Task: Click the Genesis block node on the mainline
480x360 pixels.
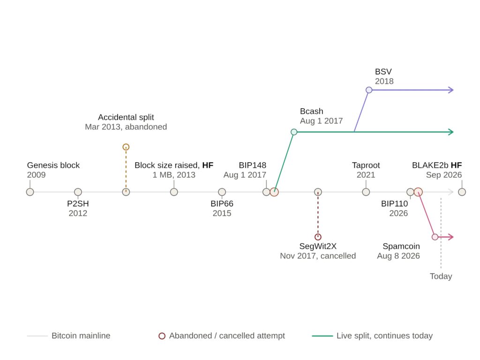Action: pyautogui.click(x=30, y=192)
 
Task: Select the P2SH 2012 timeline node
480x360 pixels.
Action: pyautogui.click(x=78, y=192)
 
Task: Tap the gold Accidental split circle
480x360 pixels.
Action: pyautogui.click(x=126, y=147)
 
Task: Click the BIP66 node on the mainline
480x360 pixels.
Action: pyautogui.click(x=222, y=192)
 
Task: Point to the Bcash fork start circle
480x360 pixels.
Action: pyautogui.click(x=294, y=132)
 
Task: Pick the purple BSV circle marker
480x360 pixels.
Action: pyautogui.click(x=369, y=90)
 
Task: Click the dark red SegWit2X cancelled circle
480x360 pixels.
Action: pyautogui.click(x=318, y=237)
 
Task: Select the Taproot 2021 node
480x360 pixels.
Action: pyautogui.click(x=366, y=192)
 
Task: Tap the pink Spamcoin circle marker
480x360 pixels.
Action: pyautogui.click(x=435, y=237)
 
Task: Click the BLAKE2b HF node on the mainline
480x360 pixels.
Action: pyautogui.click(x=462, y=192)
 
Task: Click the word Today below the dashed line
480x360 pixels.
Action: pyautogui.click(x=441, y=276)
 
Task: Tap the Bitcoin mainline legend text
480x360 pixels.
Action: pyautogui.click(x=81, y=336)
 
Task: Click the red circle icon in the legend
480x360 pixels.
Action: pyautogui.click(x=162, y=336)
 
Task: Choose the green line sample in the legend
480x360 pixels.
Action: pyautogui.click(x=322, y=336)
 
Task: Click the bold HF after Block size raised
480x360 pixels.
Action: pyautogui.click(x=208, y=165)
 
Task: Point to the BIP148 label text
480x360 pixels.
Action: pyautogui.click(x=253, y=165)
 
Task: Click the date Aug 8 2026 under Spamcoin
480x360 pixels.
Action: pyautogui.click(x=398, y=256)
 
